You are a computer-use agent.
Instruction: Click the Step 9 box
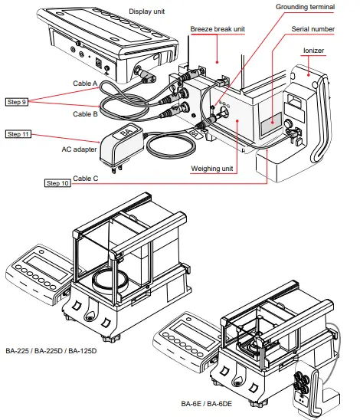18,100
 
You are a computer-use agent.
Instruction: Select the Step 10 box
59,183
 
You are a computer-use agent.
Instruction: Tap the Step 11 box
18,134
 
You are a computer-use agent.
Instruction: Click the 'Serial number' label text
311,30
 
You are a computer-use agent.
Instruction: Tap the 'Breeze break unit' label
218,28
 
